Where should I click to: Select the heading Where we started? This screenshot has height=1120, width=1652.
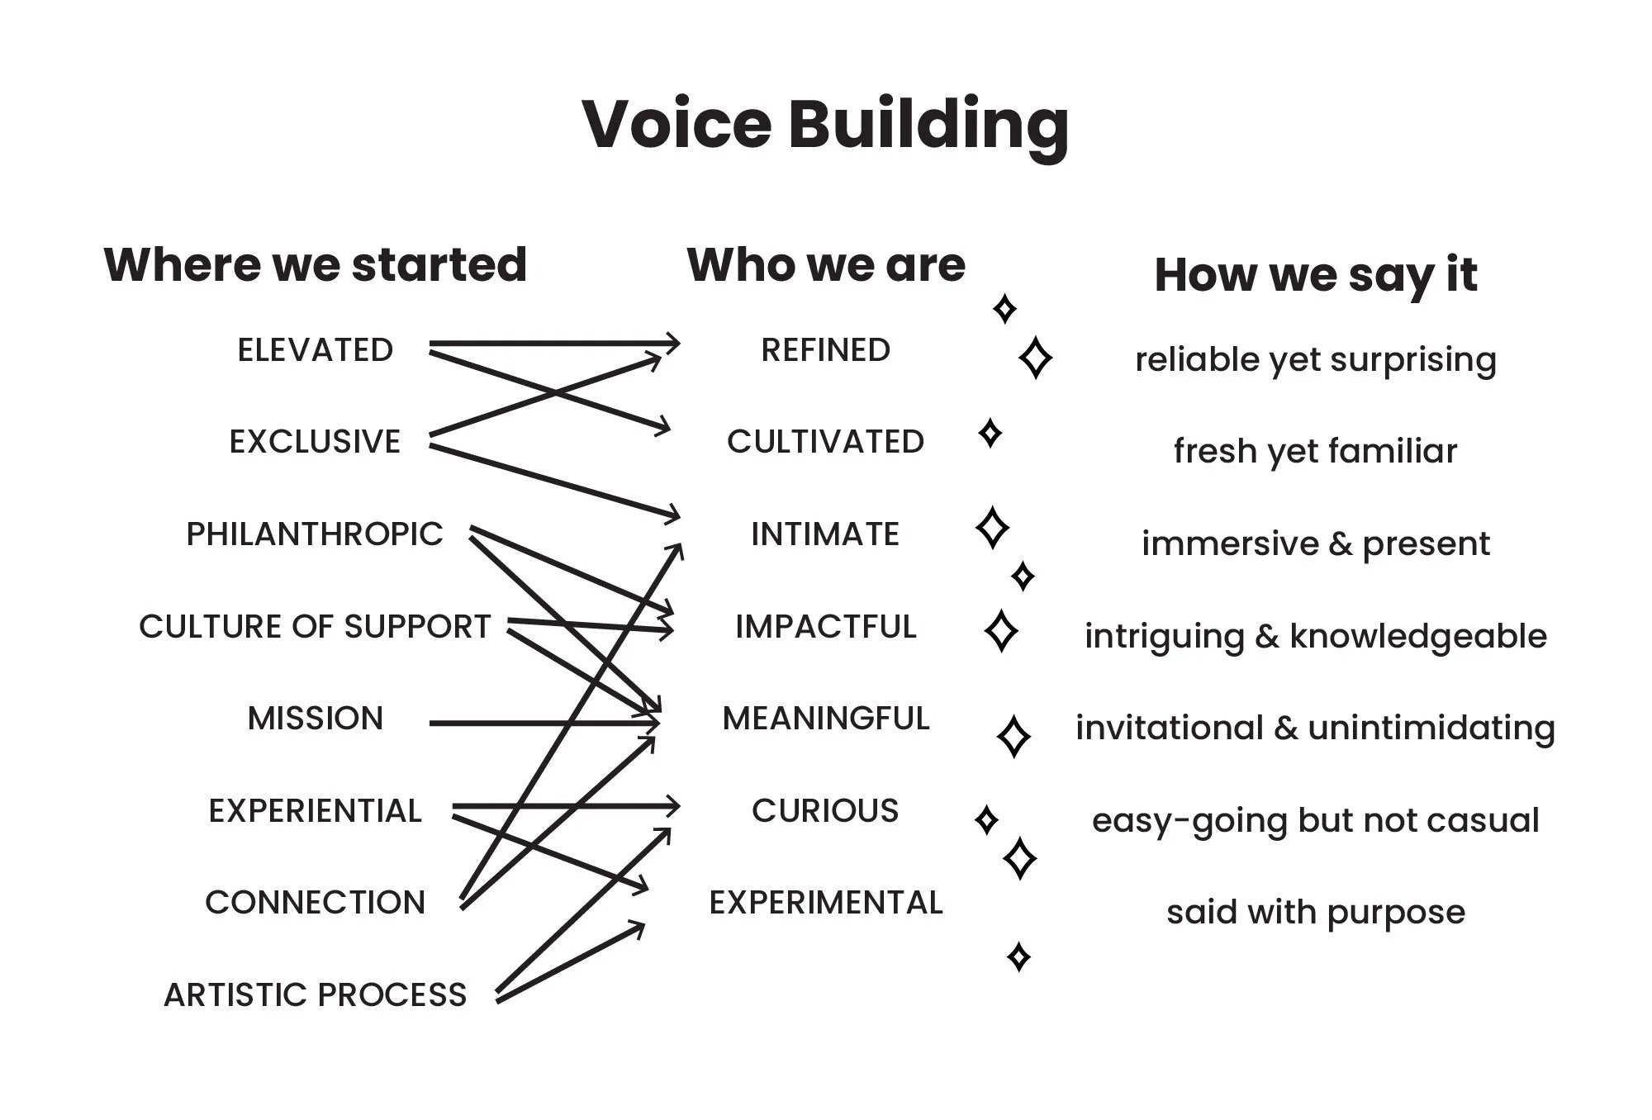(x=315, y=264)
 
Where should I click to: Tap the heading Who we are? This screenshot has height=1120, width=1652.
(x=826, y=264)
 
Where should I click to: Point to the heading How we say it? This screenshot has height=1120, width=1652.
(x=1315, y=274)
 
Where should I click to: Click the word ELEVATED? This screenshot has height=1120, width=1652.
(x=315, y=350)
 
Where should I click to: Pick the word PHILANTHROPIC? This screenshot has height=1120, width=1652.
(x=315, y=534)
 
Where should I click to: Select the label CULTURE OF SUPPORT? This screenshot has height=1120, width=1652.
(x=315, y=627)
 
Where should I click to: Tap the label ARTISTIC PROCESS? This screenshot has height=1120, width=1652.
(x=315, y=995)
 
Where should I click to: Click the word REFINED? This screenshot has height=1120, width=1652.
(x=826, y=350)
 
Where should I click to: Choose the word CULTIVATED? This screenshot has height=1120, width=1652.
(x=826, y=442)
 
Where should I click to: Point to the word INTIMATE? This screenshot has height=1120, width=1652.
(x=826, y=534)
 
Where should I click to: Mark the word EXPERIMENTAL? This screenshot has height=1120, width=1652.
(x=826, y=903)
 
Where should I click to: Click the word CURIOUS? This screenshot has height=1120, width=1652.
(x=826, y=811)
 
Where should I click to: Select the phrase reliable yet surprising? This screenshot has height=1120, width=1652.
(x=1315, y=360)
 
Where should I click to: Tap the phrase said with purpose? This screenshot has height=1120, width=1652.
(x=1315, y=913)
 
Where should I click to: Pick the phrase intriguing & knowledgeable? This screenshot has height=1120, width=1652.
(x=1315, y=636)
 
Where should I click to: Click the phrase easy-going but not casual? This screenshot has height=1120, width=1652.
(x=1315, y=820)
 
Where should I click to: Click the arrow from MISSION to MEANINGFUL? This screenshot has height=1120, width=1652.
(x=496, y=724)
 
